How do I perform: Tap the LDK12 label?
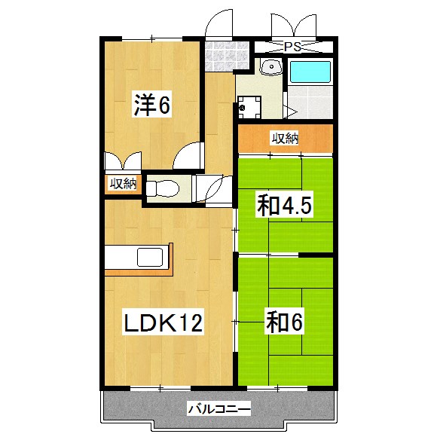[163, 323]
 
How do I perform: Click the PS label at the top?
[292, 47]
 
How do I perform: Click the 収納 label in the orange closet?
[285, 138]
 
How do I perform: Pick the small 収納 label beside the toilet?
[122, 183]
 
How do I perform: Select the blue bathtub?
[310, 72]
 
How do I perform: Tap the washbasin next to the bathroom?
[270, 69]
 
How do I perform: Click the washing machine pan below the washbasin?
[249, 106]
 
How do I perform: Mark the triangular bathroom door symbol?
[291, 112]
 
